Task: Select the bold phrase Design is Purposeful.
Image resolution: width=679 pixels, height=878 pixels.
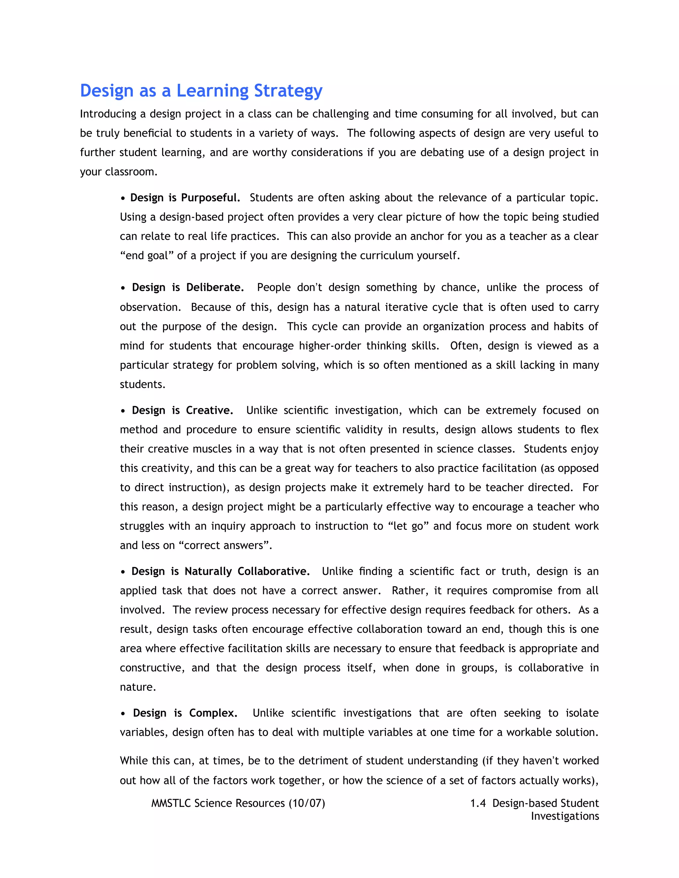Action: click(185, 198)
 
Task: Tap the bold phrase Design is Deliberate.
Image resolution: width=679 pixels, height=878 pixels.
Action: click(188, 288)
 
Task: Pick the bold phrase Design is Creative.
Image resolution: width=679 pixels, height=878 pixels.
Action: click(183, 411)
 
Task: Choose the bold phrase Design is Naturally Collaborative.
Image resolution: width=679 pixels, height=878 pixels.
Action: click(220, 571)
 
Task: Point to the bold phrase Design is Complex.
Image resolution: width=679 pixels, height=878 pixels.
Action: click(185, 713)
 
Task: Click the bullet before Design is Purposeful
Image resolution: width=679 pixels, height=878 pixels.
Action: click(123, 198)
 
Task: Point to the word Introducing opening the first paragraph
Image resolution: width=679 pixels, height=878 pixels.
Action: click(108, 114)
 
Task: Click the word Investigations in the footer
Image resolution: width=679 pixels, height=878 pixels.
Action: click(564, 816)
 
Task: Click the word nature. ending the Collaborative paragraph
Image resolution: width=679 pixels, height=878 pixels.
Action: click(138, 687)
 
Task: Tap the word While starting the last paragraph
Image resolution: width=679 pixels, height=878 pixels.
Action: click(134, 761)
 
